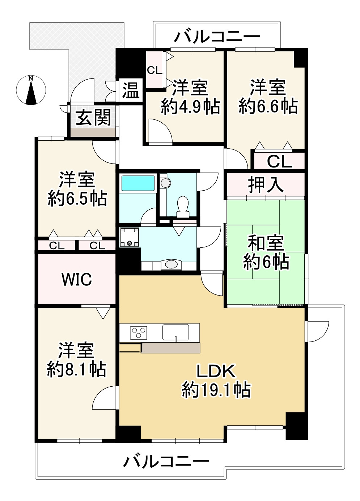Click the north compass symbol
(31, 91)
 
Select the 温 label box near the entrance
(131, 90)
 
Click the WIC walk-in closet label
(77, 279)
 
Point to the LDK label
(216, 371)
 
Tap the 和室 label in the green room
(266, 243)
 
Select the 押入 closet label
(266, 185)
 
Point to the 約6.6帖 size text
(268, 106)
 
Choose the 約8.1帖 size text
(76, 369)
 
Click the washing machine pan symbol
(129, 237)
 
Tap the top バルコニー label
(217, 37)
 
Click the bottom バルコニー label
(166, 461)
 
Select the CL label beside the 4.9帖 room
(154, 70)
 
